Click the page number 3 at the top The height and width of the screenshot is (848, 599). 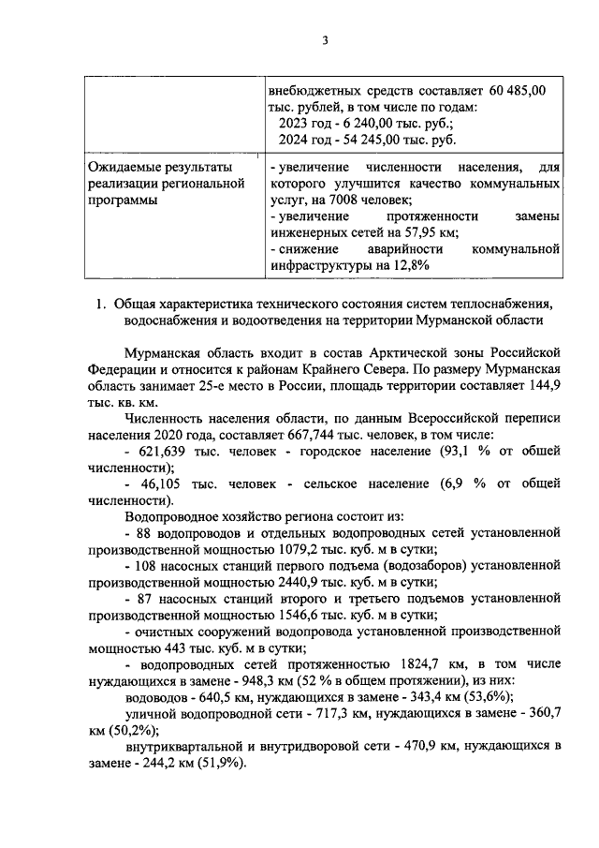(x=324, y=40)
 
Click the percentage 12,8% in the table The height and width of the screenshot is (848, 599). (x=410, y=265)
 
